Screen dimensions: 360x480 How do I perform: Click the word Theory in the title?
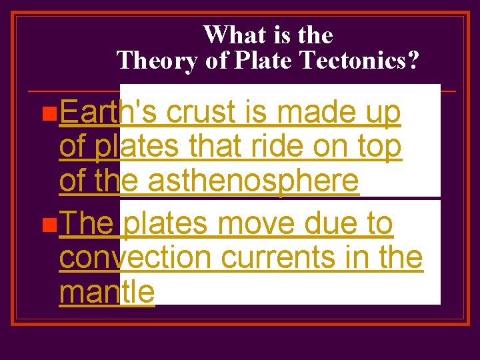click(x=157, y=61)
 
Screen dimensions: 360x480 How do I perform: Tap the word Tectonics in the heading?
click(x=360, y=61)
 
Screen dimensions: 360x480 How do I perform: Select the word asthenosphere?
click(x=253, y=181)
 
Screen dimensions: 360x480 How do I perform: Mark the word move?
click(x=256, y=224)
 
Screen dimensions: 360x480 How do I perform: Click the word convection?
click(x=136, y=257)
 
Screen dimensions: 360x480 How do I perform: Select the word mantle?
click(x=107, y=291)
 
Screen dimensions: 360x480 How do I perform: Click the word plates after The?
click(x=165, y=225)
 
